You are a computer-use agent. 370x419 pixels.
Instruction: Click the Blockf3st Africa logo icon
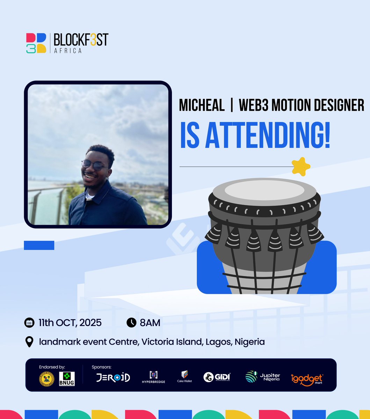click(x=36, y=43)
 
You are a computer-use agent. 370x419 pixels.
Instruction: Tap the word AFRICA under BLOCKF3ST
click(x=68, y=51)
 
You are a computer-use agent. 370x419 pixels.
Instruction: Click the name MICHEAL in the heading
click(x=202, y=105)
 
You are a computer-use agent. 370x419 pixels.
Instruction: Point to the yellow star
click(x=301, y=167)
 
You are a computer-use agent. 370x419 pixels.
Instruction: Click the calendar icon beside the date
click(x=29, y=323)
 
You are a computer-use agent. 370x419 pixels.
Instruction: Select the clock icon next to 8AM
click(x=131, y=323)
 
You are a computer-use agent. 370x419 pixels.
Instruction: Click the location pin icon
click(x=30, y=342)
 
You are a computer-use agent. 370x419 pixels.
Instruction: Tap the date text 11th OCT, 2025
click(x=70, y=323)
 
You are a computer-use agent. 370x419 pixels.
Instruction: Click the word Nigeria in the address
click(x=249, y=342)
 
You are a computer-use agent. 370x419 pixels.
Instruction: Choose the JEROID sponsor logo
click(x=113, y=378)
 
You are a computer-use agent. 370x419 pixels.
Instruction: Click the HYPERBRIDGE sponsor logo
click(x=154, y=377)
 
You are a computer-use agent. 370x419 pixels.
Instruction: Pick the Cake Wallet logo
click(x=184, y=376)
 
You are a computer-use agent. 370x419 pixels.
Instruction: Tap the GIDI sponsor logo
click(x=217, y=377)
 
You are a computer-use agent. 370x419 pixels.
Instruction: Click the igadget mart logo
click(x=307, y=379)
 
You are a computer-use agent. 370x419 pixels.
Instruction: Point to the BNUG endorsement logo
click(x=67, y=378)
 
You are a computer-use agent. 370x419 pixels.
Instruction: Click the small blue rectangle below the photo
click(x=39, y=245)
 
